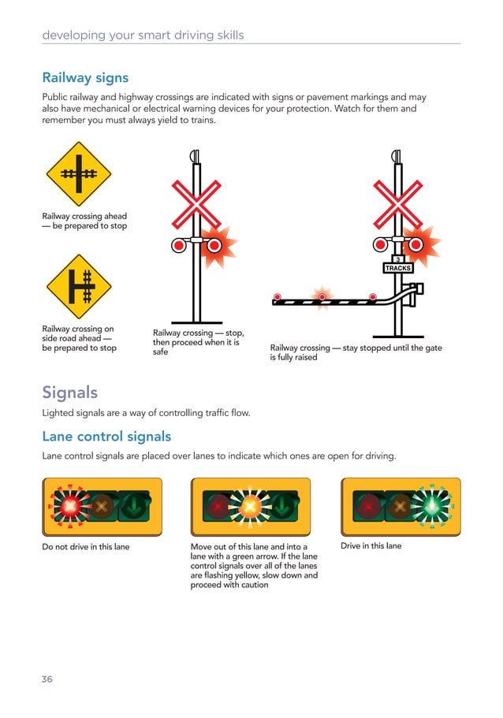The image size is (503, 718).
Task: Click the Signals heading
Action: click(70, 392)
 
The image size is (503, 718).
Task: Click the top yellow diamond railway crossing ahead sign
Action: click(78, 173)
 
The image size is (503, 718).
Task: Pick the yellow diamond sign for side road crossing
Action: click(78, 287)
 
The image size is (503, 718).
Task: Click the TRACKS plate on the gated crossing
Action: click(398, 268)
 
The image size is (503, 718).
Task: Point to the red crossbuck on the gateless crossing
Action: click(196, 203)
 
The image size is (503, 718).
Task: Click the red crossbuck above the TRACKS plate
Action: click(398, 203)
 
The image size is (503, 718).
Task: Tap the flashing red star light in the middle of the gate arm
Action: click(322, 297)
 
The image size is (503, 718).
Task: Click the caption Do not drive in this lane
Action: click(85, 546)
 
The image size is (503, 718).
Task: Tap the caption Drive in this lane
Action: click(371, 546)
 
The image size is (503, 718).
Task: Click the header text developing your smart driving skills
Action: click(143, 35)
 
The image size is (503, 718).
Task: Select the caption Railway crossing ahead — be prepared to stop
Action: click(84, 221)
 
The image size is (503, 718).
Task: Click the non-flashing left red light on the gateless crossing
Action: click(179, 245)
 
